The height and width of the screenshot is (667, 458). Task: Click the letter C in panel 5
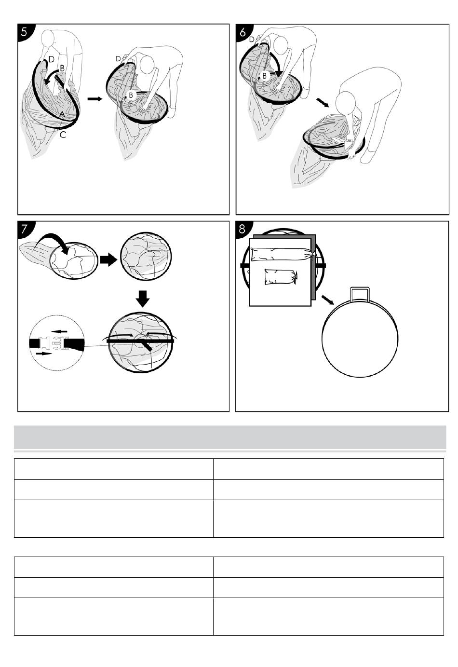pos(63,135)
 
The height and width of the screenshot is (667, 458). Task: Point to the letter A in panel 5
pos(62,114)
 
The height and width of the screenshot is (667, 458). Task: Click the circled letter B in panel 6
pos(264,76)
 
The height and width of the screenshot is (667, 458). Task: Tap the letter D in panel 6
pos(252,39)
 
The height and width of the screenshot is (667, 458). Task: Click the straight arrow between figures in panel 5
pos(94,99)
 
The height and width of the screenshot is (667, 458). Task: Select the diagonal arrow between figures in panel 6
pos(323,102)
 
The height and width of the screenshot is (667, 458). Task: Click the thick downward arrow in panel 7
pos(143,299)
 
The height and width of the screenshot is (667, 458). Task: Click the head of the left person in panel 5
pos(48,38)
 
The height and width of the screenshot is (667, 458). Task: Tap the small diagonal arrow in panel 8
pos(327,300)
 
